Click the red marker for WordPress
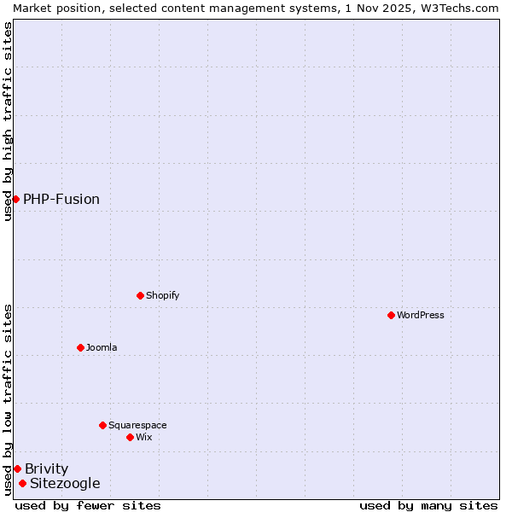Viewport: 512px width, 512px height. click(391, 315)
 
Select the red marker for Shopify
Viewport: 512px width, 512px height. click(140, 295)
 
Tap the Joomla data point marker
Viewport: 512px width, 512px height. click(80, 347)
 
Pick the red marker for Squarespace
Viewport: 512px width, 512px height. click(102, 425)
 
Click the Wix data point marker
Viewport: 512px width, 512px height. click(130, 437)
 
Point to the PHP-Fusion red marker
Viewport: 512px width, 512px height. click(15, 199)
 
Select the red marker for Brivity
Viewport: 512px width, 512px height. click(17, 468)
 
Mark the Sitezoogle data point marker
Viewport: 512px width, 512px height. click(22, 483)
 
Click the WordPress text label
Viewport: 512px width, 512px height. click(421, 315)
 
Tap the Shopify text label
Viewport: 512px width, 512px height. click(162, 295)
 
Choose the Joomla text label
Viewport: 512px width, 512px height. click(102, 347)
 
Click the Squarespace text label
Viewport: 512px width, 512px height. click(137, 425)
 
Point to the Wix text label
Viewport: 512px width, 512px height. click(143, 437)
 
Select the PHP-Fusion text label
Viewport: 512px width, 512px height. click(61, 199)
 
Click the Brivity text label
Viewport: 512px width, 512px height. click(47, 468)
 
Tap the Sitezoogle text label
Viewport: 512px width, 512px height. click(65, 483)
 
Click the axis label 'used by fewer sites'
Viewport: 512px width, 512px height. click(88, 505)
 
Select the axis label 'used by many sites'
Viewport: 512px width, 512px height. click(428, 505)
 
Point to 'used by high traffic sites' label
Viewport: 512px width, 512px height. click(8, 121)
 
